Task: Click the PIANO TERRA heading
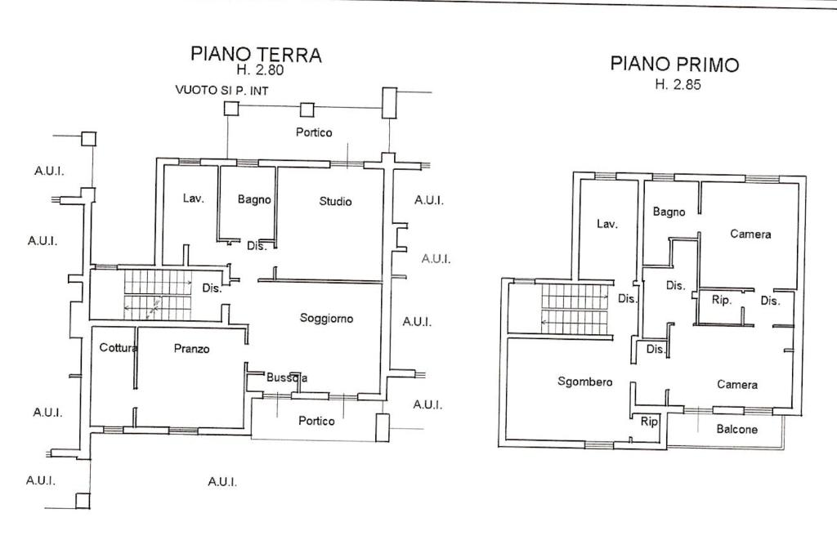[x=256, y=54]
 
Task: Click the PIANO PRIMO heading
[x=674, y=64]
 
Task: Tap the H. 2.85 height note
[x=678, y=84]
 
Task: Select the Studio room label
[x=335, y=201]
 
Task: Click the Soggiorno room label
[x=326, y=319]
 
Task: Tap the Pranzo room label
[x=191, y=349]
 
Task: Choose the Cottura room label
[x=119, y=348]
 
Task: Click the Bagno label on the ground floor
[x=254, y=199]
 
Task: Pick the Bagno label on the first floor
[x=669, y=212]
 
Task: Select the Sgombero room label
[x=584, y=382]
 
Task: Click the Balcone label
[x=736, y=430]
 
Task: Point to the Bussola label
[x=287, y=377]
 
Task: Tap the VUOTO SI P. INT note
[x=222, y=90]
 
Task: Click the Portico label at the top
[x=314, y=132]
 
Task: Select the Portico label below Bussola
[x=316, y=422]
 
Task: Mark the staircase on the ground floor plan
[x=157, y=294]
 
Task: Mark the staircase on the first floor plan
[x=575, y=309]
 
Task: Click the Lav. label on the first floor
[x=606, y=224]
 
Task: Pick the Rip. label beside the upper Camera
[x=721, y=300]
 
